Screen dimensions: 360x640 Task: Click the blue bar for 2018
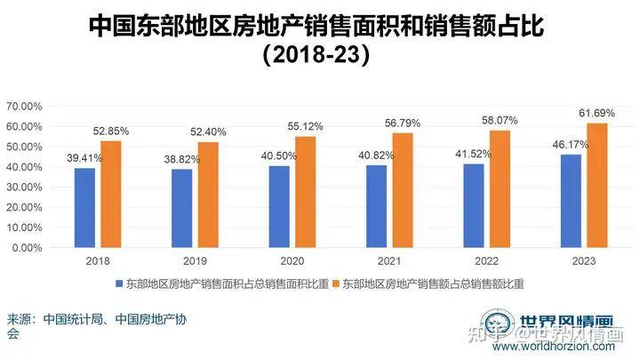coord(84,207)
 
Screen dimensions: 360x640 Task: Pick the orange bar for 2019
coord(207,195)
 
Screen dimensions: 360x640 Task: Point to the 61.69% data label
coord(597,114)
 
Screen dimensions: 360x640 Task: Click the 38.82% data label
coord(182,159)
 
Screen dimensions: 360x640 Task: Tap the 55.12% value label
coord(306,127)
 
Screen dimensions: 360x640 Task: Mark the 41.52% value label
coord(474,154)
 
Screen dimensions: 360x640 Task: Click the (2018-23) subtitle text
coord(316,56)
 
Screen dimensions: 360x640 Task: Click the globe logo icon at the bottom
coord(494,328)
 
